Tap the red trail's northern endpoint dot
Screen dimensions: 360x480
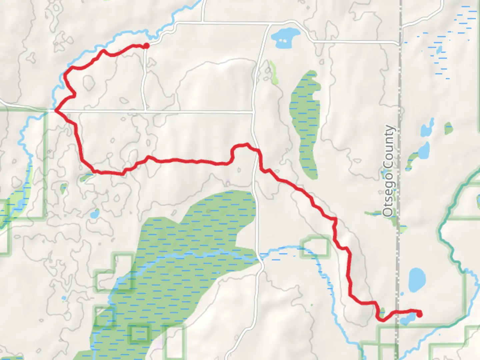146,46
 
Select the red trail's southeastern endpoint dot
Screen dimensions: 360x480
419,314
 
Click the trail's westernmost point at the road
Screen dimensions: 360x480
55,110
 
